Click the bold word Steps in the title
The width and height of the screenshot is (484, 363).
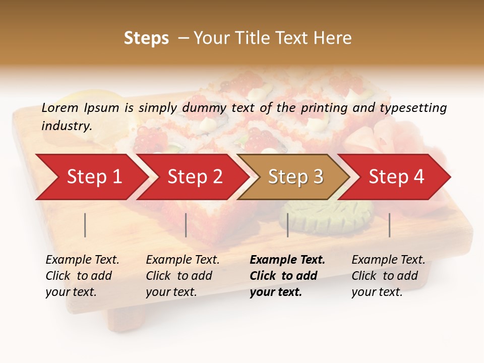point(146,38)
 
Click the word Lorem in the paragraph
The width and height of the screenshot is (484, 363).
point(60,107)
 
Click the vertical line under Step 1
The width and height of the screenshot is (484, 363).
point(85,225)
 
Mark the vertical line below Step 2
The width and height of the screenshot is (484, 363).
point(186,225)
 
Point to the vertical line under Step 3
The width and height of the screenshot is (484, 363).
point(287,225)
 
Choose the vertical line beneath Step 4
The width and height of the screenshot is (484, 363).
point(390,225)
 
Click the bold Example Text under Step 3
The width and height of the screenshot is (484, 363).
point(287,260)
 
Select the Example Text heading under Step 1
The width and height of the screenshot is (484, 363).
point(82,260)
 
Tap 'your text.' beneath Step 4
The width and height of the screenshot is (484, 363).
point(377,292)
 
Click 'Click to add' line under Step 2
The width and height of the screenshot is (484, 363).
point(179,276)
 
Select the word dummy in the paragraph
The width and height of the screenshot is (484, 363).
point(205,107)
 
